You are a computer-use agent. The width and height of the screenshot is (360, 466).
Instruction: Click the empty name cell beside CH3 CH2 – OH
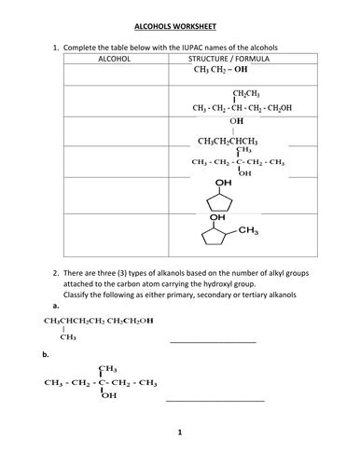[115, 71]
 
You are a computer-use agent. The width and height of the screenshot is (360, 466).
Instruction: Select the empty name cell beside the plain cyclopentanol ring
[115, 195]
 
